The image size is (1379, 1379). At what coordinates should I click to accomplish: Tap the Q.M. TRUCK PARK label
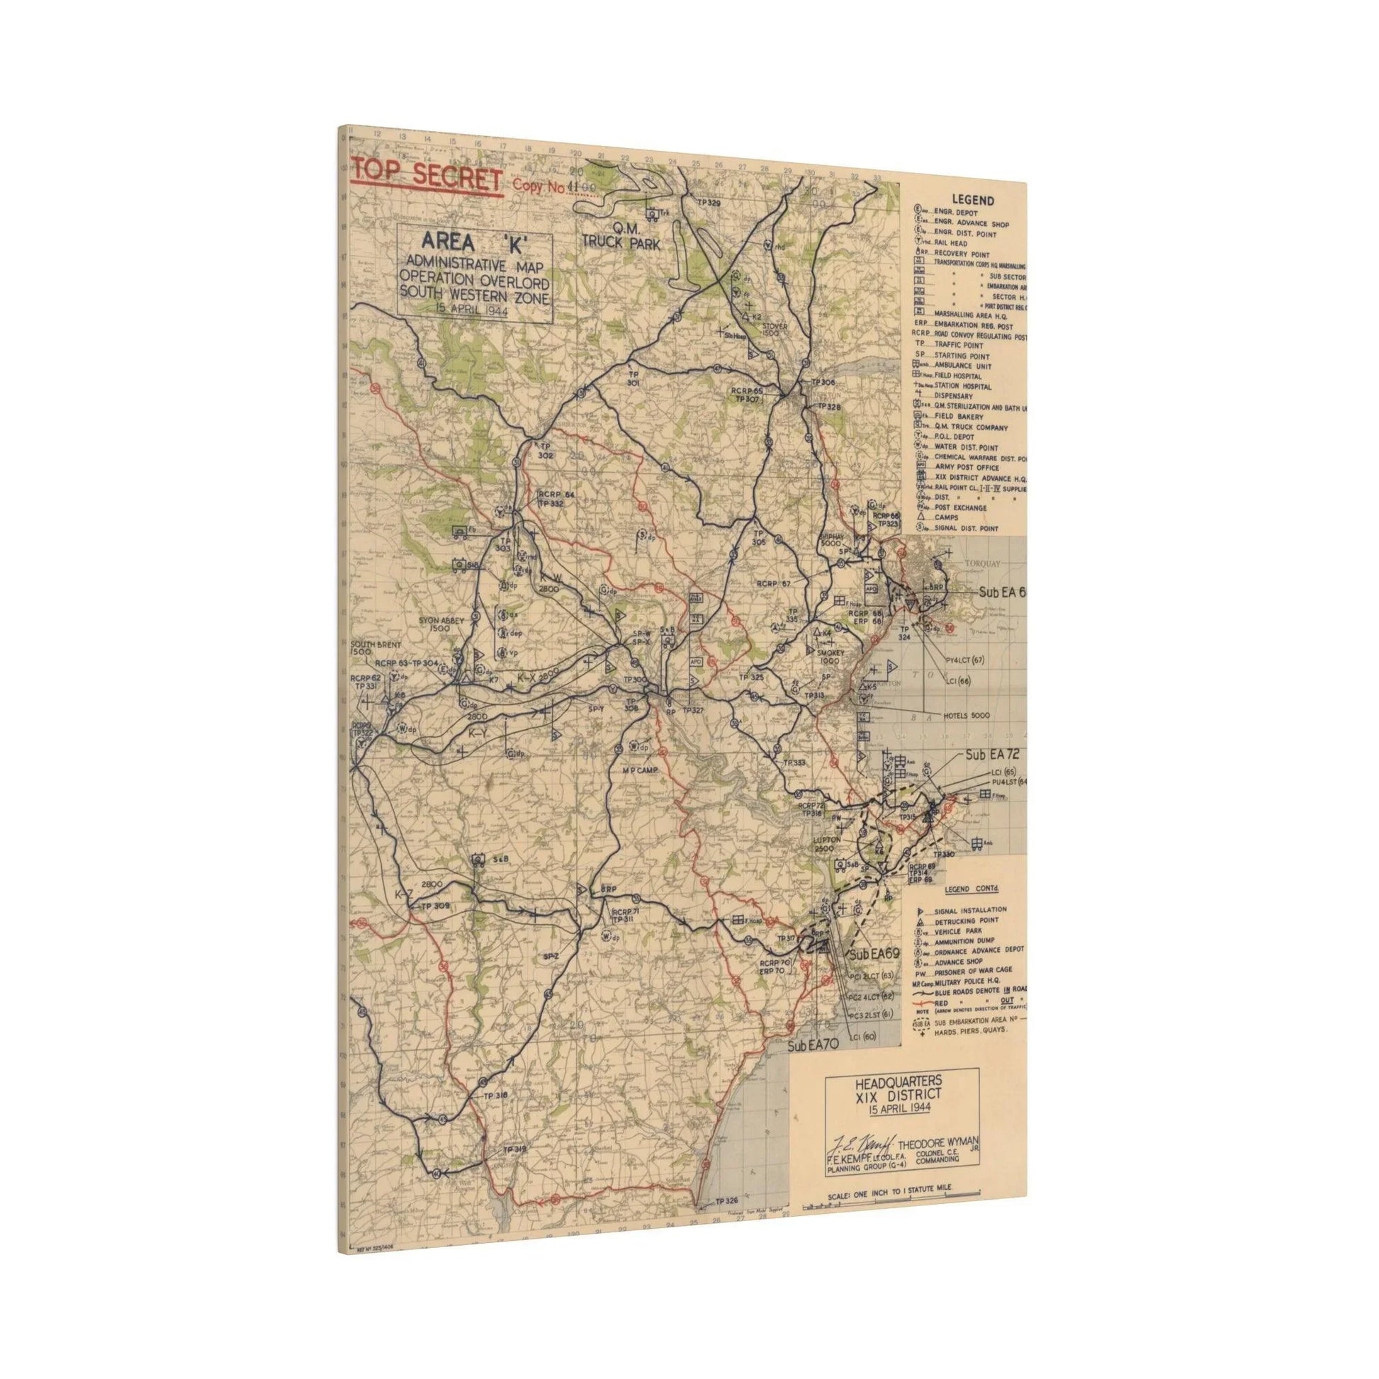[x=621, y=235]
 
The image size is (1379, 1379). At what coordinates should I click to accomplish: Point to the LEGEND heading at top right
[x=972, y=201]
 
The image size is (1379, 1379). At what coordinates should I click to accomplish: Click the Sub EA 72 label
[x=991, y=755]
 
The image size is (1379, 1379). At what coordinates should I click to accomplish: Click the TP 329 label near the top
[x=709, y=203]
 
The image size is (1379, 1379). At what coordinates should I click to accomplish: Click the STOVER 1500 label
[x=774, y=330]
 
